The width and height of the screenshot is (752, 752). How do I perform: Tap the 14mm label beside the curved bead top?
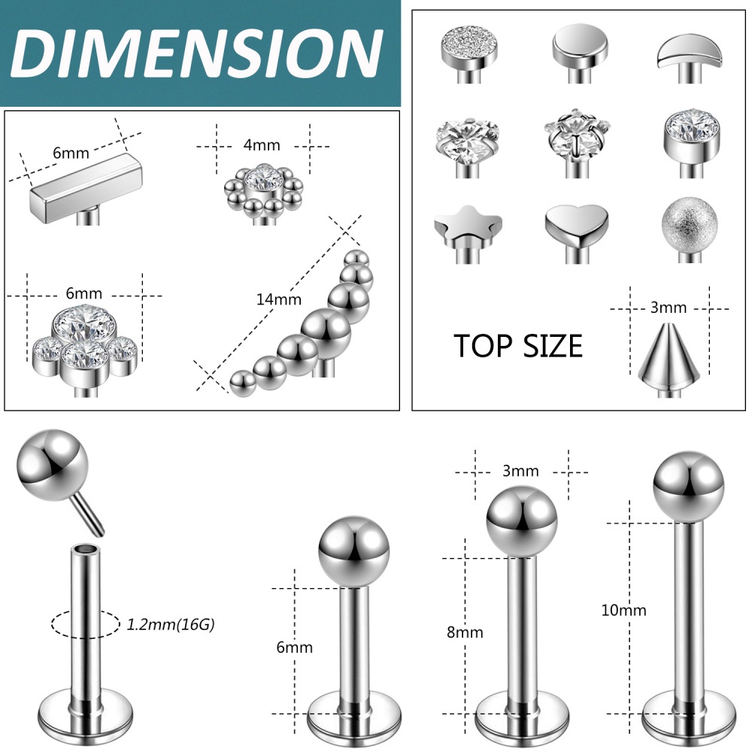[x=279, y=299]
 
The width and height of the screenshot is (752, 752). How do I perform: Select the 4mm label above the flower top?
[x=262, y=145]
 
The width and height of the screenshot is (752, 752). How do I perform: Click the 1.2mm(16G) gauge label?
[x=171, y=624]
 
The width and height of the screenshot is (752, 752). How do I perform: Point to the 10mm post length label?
[x=623, y=610]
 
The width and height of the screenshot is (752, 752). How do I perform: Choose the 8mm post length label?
[x=465, y=632]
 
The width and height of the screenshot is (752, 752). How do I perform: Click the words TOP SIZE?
[x=518, y=346]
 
